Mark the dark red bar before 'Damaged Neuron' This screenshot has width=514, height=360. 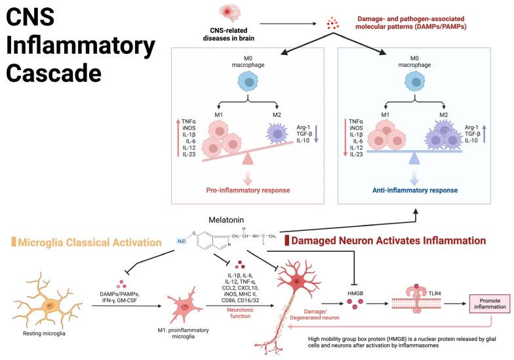pyautogui.click(x=288, y=241)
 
